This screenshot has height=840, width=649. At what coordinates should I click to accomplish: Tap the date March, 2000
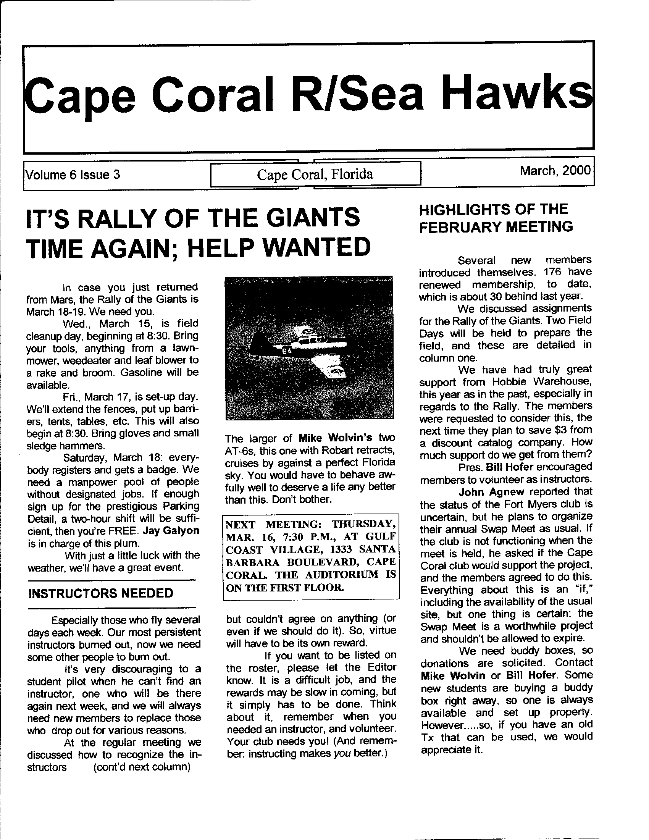point(555,170)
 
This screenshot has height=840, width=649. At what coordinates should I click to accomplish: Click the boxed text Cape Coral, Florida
point(315,174)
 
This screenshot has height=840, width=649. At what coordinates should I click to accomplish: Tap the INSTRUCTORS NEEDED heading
point(101,593)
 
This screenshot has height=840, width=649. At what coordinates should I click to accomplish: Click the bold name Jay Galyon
point(171,531)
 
